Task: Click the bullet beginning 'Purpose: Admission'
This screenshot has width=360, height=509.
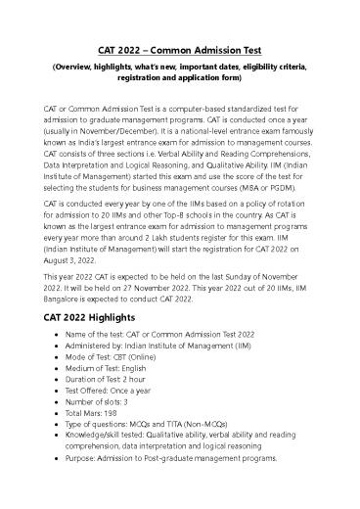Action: coord(199,459)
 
